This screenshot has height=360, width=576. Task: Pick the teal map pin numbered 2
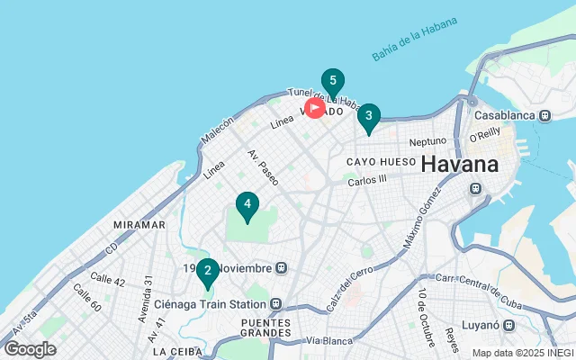208,270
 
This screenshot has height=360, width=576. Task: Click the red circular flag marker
315,108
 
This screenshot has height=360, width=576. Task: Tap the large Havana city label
459,165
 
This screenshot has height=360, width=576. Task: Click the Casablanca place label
505,115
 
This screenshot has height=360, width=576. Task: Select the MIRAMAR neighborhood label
139,224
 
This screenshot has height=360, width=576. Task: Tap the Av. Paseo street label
263,166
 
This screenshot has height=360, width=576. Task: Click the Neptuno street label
427,141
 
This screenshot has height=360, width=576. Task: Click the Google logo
30,349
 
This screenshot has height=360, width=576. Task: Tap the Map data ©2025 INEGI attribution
522,353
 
